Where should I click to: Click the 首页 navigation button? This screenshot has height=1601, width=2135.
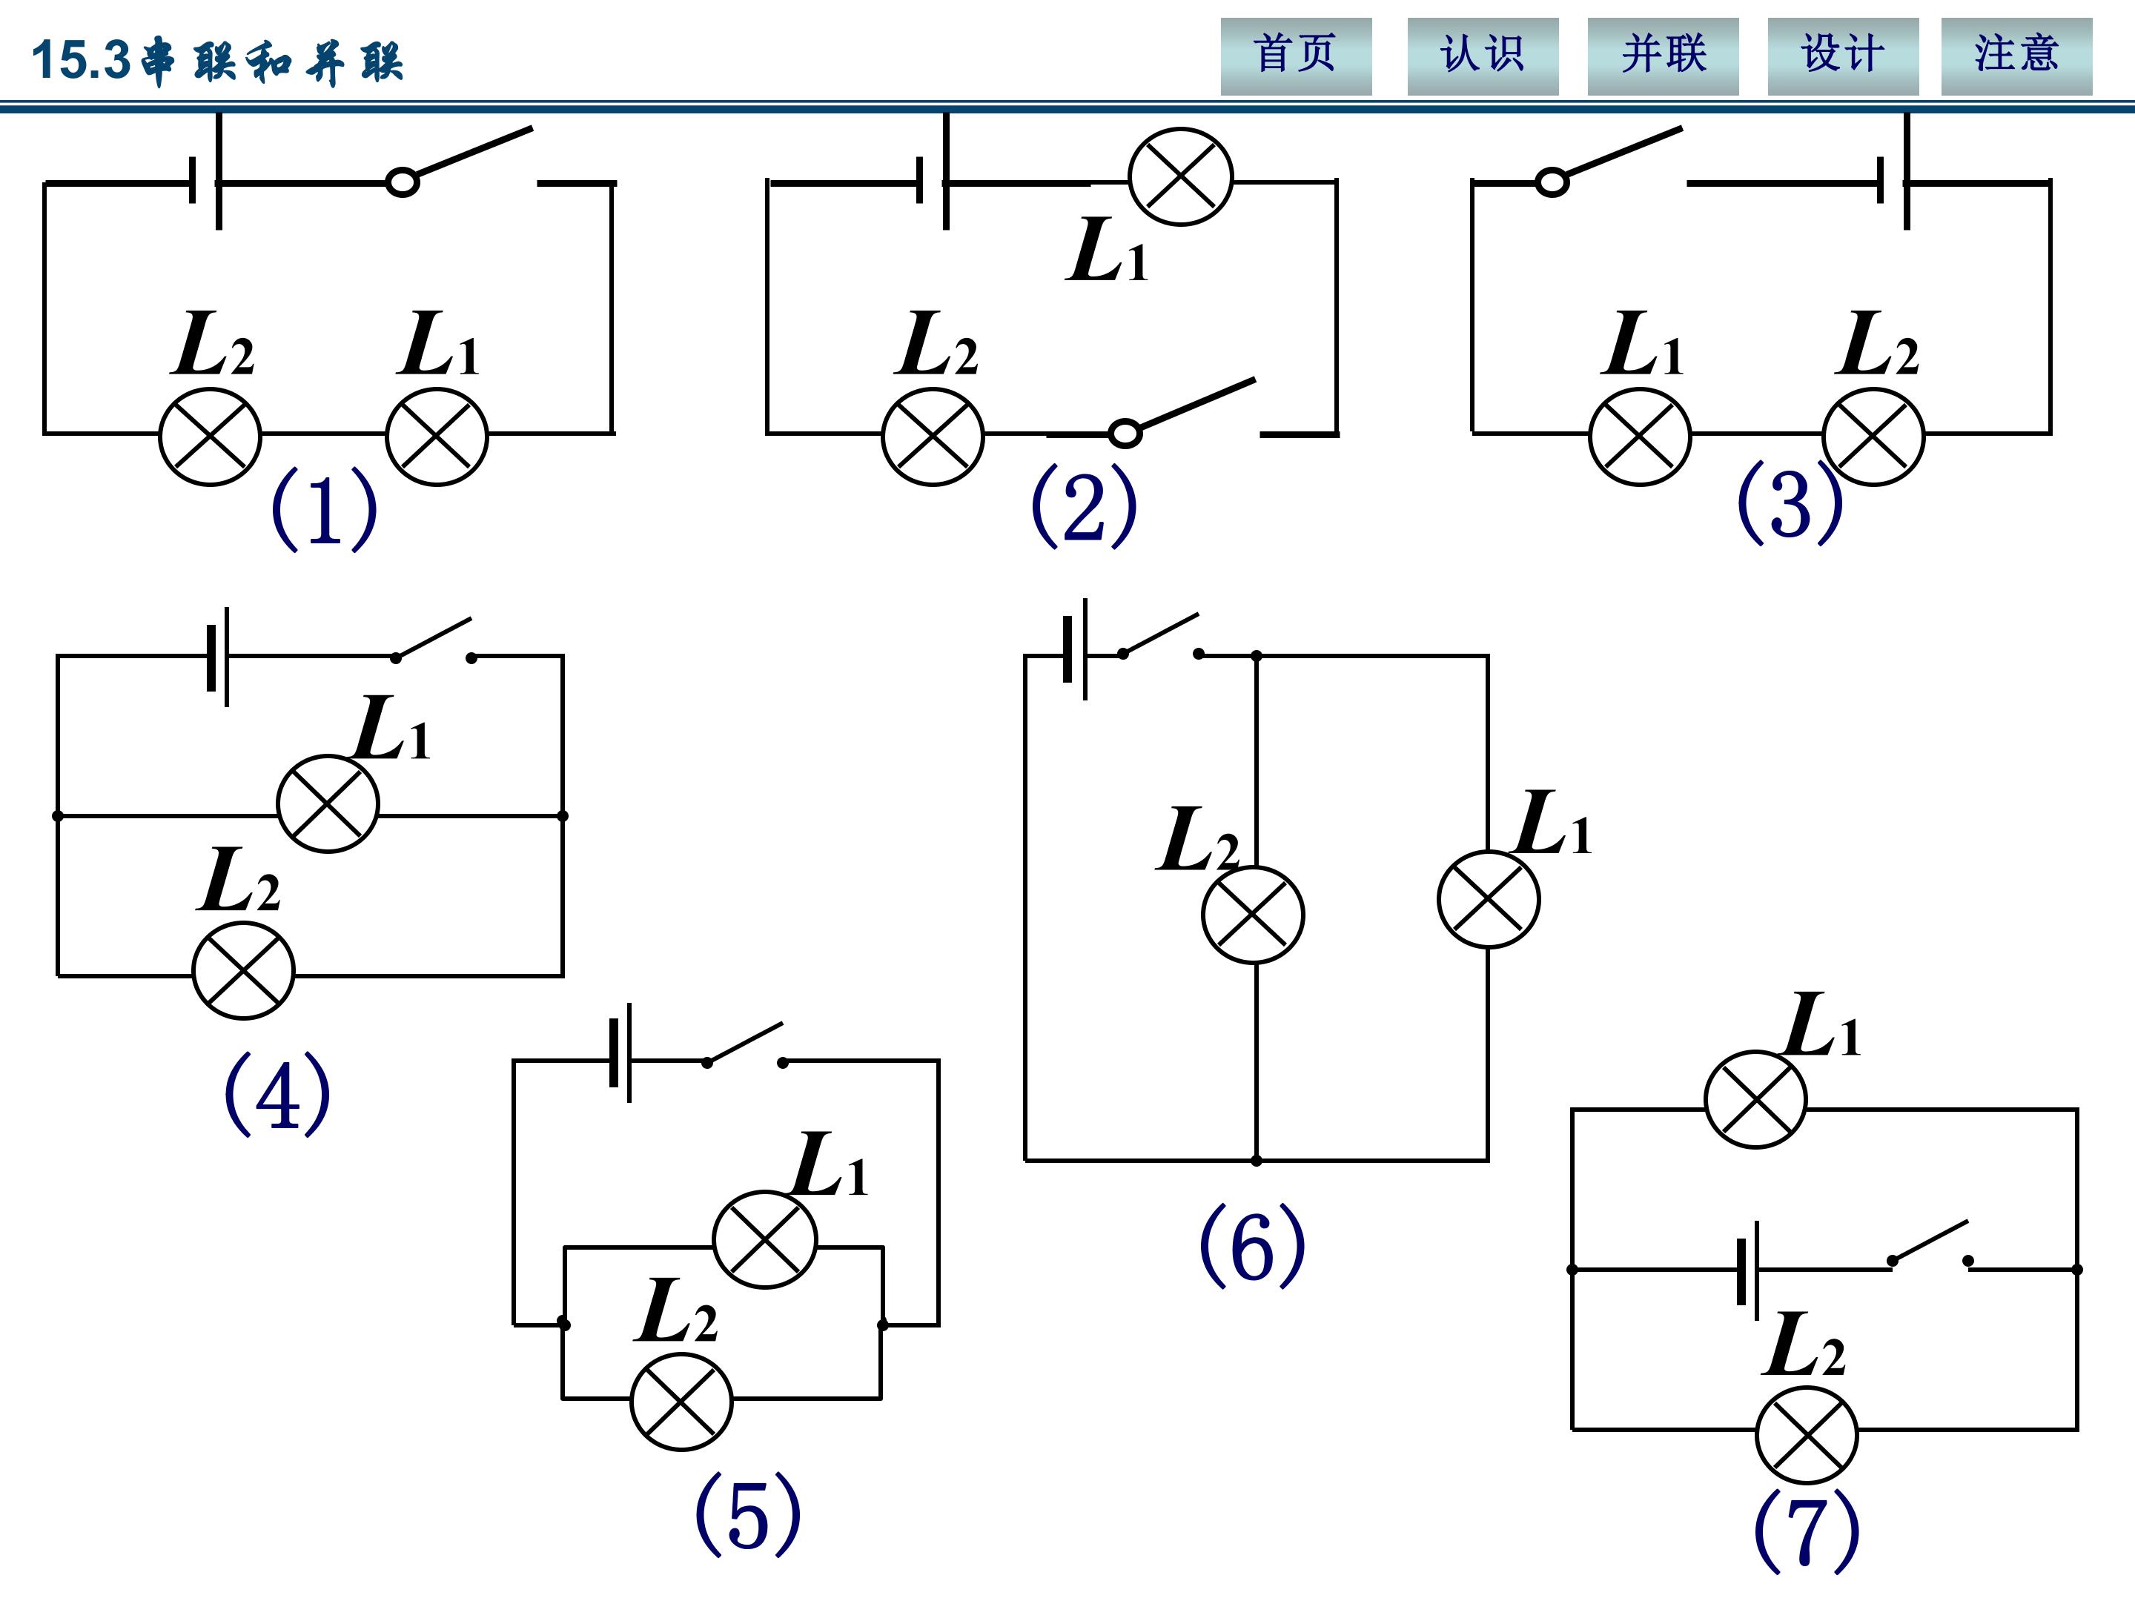(1295, 56)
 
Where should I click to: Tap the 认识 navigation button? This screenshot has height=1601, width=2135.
(1483, 56)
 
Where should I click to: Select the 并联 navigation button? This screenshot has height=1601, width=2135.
(1663, 56)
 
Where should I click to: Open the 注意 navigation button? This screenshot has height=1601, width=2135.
(2016, 56)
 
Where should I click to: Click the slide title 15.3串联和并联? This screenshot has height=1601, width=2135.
(217, 60)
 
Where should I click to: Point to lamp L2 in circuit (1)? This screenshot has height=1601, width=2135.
(211, 436)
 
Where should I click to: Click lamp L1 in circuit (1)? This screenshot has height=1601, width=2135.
(437, 436)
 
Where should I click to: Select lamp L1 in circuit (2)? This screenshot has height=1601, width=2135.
(1180, 176)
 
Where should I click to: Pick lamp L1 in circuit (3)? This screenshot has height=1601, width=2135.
(1640, 436)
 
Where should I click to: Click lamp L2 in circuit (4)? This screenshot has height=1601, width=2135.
(243, 969)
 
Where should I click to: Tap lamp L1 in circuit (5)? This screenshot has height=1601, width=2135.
(764, 1239)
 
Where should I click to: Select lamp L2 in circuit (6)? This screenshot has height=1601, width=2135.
(1253, 914)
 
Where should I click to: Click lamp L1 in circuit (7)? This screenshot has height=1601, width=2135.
(1755, 1099)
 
